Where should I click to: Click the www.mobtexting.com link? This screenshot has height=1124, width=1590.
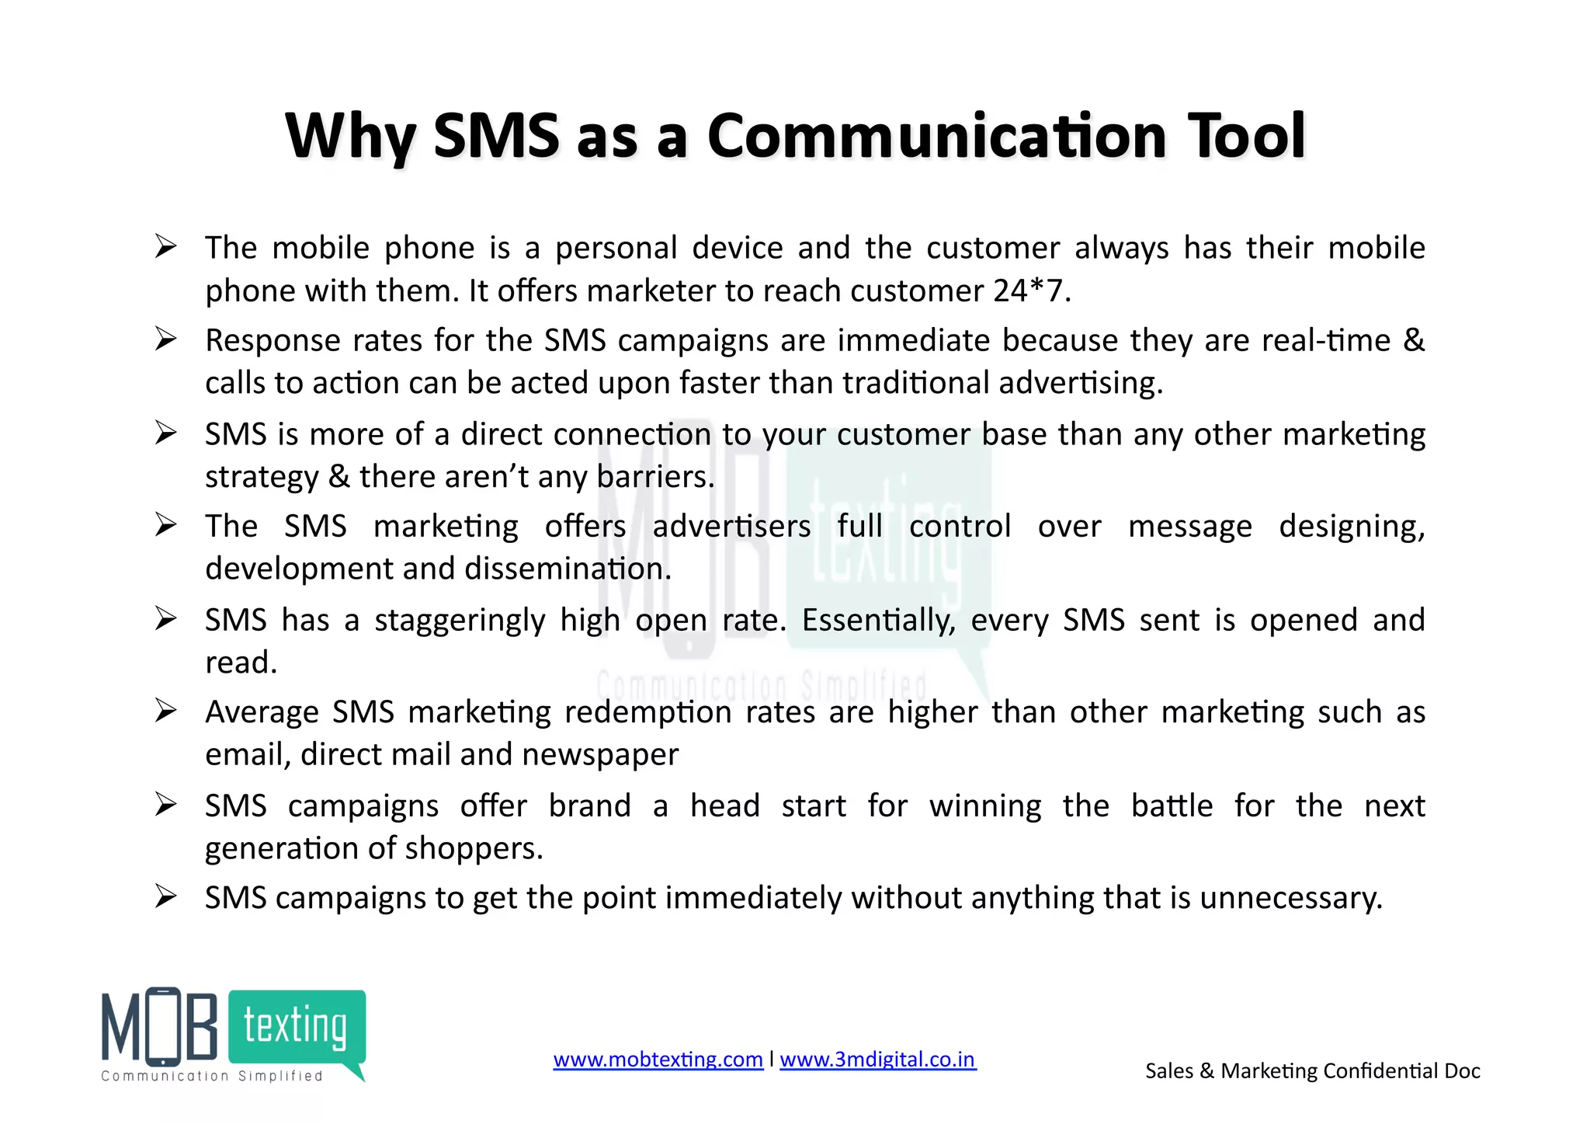tap(658, 1060)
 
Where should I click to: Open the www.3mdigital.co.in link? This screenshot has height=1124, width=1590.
tap(877, 1060)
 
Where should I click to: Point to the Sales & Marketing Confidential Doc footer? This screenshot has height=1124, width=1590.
tap(1312, 1071)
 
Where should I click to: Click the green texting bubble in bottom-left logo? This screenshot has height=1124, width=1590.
tap(297, 1027)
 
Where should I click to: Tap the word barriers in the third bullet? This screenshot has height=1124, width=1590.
tap(654, 476)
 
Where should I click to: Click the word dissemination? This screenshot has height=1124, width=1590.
tap(568, 569)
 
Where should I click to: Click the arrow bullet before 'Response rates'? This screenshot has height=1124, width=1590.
tap(165, 339)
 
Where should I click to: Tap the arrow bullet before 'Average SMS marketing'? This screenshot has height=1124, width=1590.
tap(165, 710)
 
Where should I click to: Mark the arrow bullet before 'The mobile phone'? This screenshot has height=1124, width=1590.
tap(165, 246)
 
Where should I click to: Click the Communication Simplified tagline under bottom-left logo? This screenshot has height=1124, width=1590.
tap(211, 1076)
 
